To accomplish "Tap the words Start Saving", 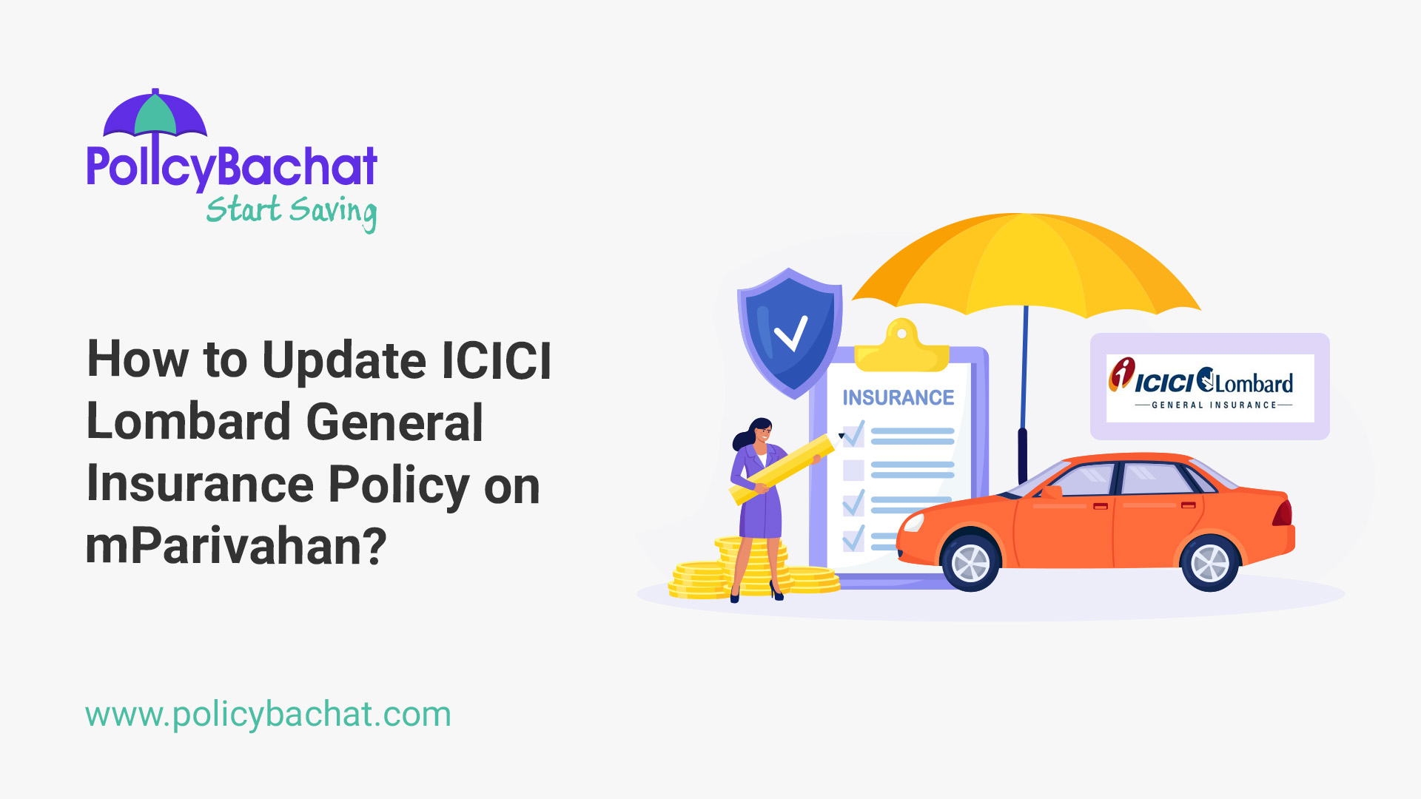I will pos(291,211).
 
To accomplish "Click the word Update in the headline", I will pos(343,360).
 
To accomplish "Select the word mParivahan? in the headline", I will pos(236,546).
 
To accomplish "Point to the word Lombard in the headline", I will pos(188,422).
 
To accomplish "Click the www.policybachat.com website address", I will pos(268,715).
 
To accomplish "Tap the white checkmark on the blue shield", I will pos(790,334).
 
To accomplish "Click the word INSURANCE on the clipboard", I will pos(898,398).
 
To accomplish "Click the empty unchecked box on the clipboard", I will pos(853,470).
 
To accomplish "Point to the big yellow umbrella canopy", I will pos(1026,263).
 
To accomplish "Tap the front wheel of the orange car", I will pos(970,563).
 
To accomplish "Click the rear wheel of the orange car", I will pos(1209,563).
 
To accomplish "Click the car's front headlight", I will pos(913,522).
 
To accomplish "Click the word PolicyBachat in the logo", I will pos(232,166).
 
